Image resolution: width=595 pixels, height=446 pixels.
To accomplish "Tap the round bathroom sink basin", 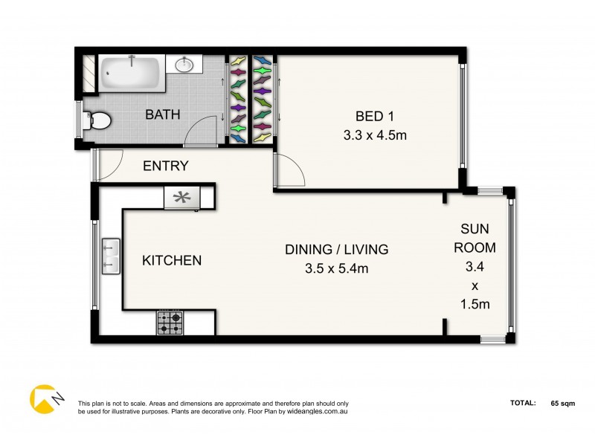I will (184, 65).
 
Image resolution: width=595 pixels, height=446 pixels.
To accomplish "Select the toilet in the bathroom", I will (97, 120).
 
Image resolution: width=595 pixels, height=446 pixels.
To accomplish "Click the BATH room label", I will (161, 114).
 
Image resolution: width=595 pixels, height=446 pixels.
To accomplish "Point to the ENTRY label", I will (166, 166).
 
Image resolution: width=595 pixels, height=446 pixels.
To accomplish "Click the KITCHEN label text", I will (172, 260).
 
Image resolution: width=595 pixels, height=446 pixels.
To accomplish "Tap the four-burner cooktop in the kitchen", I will (170, 323).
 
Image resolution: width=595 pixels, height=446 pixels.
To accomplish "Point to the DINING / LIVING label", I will (337, 249).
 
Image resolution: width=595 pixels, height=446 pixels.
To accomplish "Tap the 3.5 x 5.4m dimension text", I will (337, 269).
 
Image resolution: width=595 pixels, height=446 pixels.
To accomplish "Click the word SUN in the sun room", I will (475, 230).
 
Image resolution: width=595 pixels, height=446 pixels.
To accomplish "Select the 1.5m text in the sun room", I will (475, 304).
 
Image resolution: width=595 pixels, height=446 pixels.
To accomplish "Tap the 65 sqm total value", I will (564, 404).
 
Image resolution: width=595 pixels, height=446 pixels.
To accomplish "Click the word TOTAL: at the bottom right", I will (523, 404).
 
